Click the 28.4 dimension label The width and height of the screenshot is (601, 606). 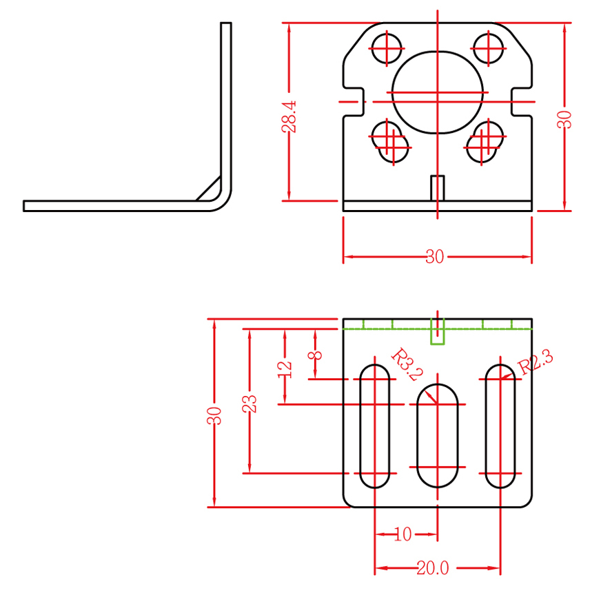point(289,116)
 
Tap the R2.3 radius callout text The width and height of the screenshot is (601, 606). point(536,363)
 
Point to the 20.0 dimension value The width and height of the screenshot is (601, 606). point(432,568)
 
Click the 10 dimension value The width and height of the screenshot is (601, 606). point(403,534)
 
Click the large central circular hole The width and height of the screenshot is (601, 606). point(437,92)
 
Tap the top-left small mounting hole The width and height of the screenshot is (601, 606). point(387,48)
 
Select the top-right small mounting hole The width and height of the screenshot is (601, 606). point(489,48)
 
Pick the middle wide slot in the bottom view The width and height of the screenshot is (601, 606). point(437,435)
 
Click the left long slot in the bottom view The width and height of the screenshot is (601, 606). point(375,425)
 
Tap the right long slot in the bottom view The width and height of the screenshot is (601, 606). point(500,425)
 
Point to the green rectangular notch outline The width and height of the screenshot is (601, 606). point(437,331)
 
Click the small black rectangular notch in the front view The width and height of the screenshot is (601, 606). point(437,187)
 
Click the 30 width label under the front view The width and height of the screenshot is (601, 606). point(434,257)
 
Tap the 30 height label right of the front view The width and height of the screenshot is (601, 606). point(565,118)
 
